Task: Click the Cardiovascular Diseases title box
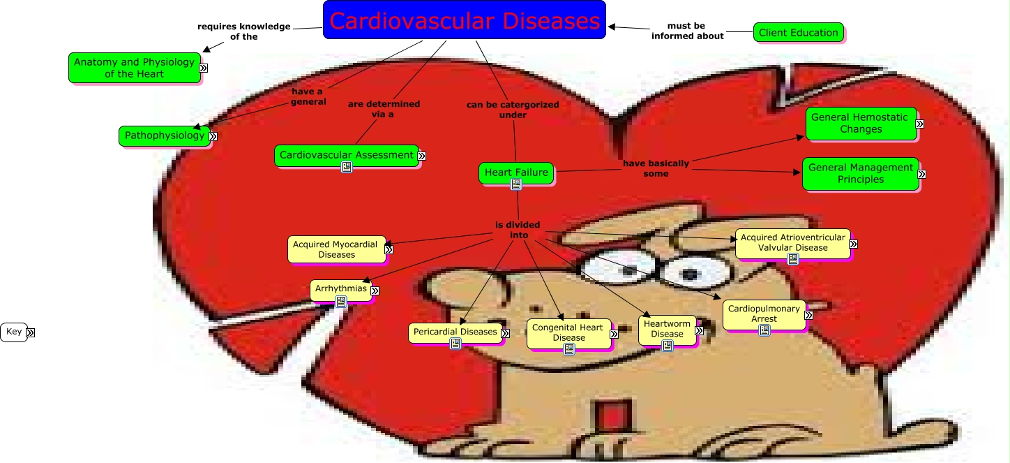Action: coord(464,20)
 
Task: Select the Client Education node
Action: coord(798,32)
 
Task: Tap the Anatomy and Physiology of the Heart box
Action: coord(134,68)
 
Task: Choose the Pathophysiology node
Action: coord(164,135)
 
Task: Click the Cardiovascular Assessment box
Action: coord(346,154)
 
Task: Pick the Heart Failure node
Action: coord(516,172)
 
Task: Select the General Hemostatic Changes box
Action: coord(860,123)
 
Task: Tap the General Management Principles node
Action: coord(860,173)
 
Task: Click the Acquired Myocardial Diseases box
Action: coord(336,249)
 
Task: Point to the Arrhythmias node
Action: coord(340,288)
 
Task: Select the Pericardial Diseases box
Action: coord(454,332)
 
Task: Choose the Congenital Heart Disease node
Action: coord(568,332)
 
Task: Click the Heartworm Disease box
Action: coord(667,328)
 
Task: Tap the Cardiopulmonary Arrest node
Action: coord(764,313)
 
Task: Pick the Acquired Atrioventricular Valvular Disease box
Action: coord(792,242)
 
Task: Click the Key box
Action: coord(14,332)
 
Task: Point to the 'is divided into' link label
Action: coord(518,230)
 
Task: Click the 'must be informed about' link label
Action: coord(687,31)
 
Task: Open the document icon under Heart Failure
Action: coord(516,184)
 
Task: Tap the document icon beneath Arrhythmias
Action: coord(341,302)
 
